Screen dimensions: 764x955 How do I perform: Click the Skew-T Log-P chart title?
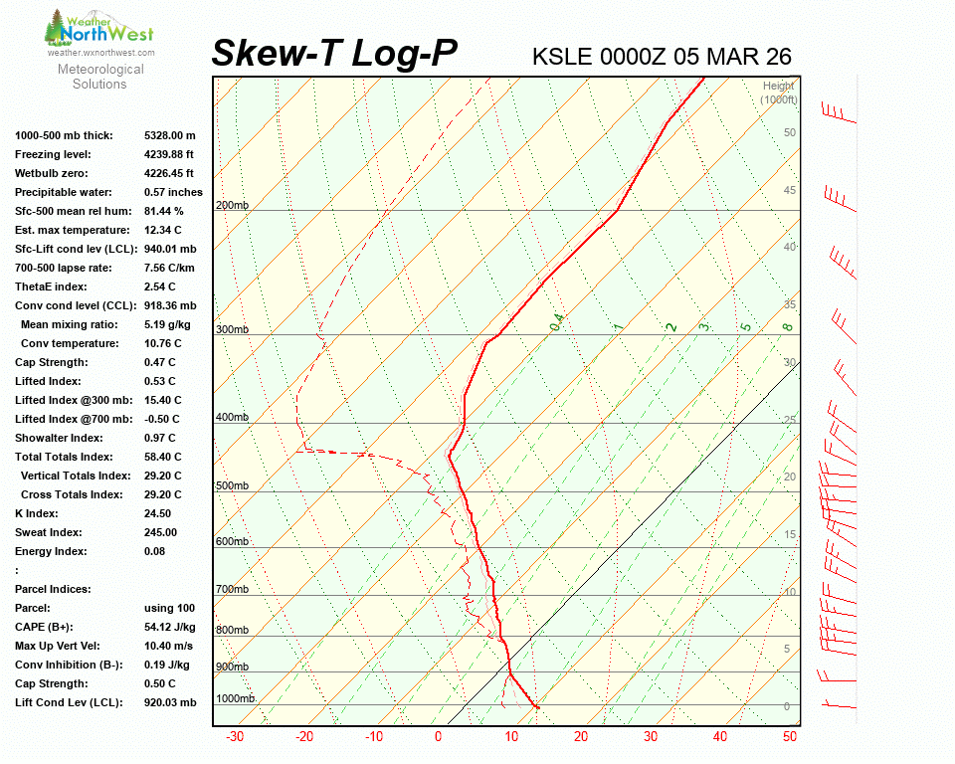[334, 54]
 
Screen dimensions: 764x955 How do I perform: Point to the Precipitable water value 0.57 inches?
[173, 192]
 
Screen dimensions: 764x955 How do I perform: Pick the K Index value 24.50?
[157, 513]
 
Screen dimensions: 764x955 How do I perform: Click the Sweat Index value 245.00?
[160, 532]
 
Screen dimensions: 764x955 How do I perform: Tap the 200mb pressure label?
[232, 205]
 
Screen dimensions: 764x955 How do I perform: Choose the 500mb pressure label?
[232, 485]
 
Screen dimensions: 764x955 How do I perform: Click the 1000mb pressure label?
[235, 698]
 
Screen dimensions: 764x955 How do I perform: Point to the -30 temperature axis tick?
[235, 737]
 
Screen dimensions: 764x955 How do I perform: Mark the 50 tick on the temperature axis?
[789, 737]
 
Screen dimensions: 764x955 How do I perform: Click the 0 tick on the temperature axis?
[438, 737]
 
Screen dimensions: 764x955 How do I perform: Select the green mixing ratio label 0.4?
[558, 320]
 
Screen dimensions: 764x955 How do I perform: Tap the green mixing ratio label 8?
[786, 326]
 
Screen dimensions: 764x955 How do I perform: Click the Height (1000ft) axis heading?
[779, 93]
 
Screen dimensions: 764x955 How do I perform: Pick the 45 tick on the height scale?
[790, 190]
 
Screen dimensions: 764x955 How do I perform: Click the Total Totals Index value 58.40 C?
[162, 457]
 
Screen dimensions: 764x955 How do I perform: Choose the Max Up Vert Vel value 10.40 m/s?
[169, 646]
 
